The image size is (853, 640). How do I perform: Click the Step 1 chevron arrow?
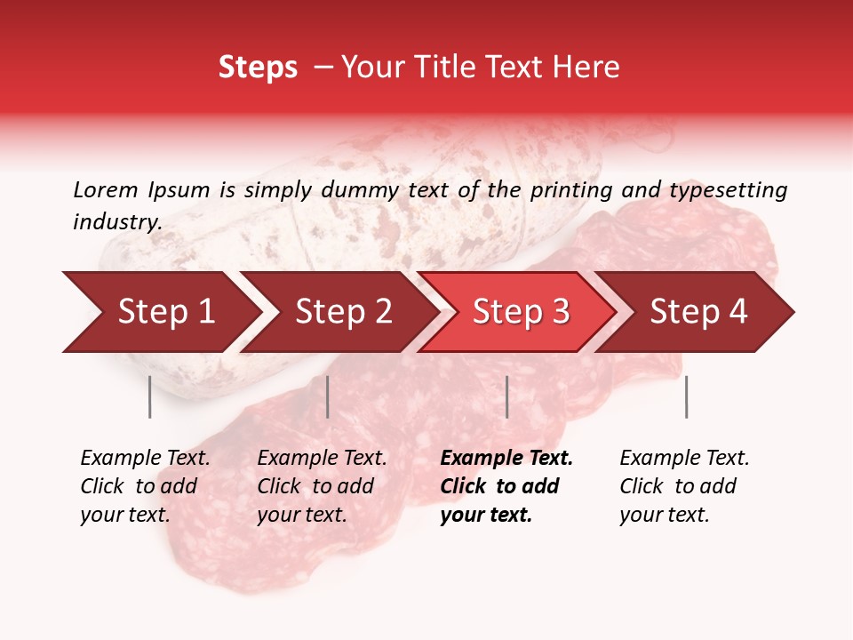pyautogui.click(x=164, y=312)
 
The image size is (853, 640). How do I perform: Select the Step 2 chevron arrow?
pyautogui.click(x=342, y=312)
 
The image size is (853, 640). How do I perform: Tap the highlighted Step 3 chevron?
pyautogui.click(x=520, y=312)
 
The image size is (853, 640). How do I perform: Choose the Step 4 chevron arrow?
pyautogui.click(x=698, y=312)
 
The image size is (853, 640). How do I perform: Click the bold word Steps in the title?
pyautogui.click(x=258, y=68)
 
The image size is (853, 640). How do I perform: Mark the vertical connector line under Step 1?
pyautogui.click(x=150, y=396)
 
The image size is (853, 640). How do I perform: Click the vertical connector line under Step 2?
pyautogui.click(x=328, y=396)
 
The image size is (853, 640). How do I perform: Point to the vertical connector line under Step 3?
pyautogui.click(x=506, y=396)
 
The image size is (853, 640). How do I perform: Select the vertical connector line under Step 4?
pyautogui.click(x=686, y=396)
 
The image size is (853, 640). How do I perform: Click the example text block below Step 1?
pyautogui.click(x=145, y=486)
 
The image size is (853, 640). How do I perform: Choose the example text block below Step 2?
pyautogui.click(x=322, y=486)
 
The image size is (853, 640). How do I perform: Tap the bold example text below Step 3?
pyautogui.click(x=506, y=486)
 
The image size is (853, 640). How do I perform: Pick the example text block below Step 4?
pyautogui.click(x=684, y=486)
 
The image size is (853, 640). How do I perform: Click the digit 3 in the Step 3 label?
pyautogui.click(x=560, y=312)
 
